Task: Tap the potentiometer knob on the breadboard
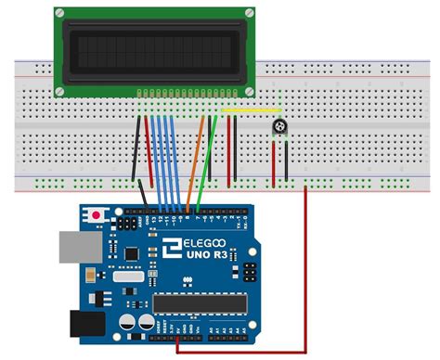[278, 127]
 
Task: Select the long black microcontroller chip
[200, 303]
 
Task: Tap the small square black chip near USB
[132, 252]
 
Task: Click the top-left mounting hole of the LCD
[60, 13]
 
